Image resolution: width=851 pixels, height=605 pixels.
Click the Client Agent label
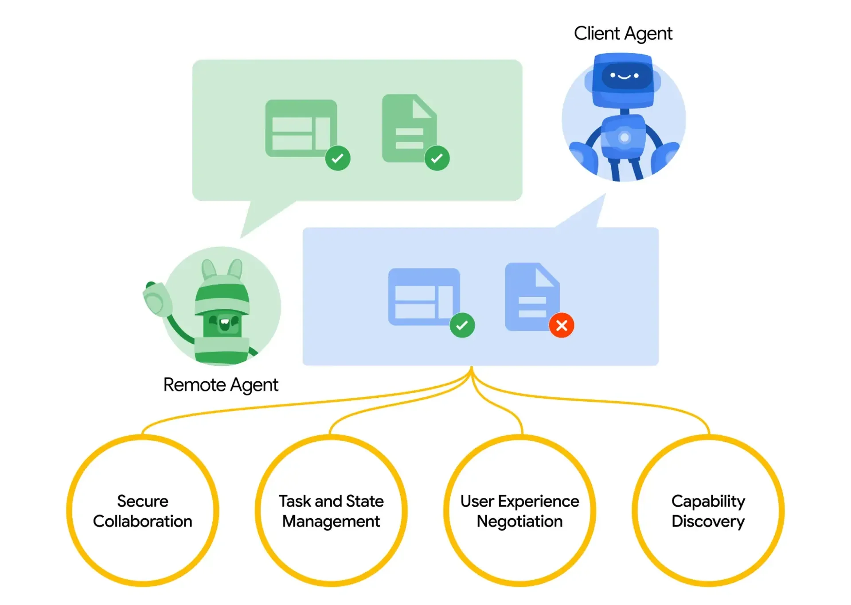(x=623, y=34)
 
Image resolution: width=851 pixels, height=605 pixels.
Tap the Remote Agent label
(x=221, y=385)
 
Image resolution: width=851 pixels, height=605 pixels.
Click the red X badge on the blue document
(x=562, y=326)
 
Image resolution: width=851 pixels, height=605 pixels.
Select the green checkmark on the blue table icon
(x=462, y=326)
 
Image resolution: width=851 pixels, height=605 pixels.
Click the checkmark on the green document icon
(x=437, y=158)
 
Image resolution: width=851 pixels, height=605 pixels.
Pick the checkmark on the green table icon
(x=338, y=158)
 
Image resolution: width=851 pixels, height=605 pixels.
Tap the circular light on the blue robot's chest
(x=625, y=137)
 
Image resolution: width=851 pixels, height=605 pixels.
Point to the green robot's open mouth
(x=225, y=322)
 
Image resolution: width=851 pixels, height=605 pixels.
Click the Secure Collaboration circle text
(x=142, y=511)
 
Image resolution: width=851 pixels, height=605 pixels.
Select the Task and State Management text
(x=331, y=511)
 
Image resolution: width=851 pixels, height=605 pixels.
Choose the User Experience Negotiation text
(x=519, y=511)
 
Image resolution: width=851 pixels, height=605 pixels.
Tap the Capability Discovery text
(x=708, y=511)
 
